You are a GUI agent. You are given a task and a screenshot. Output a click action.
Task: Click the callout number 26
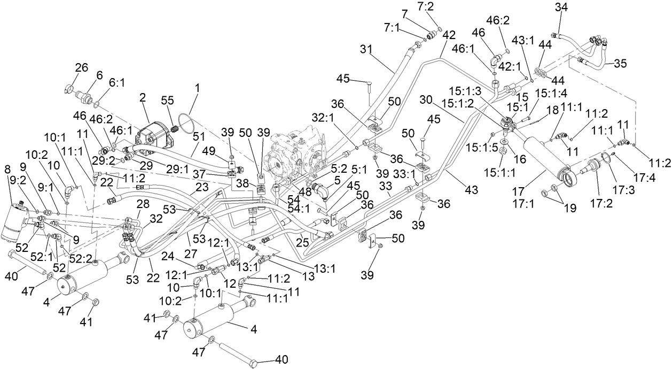[x=81, y=67]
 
